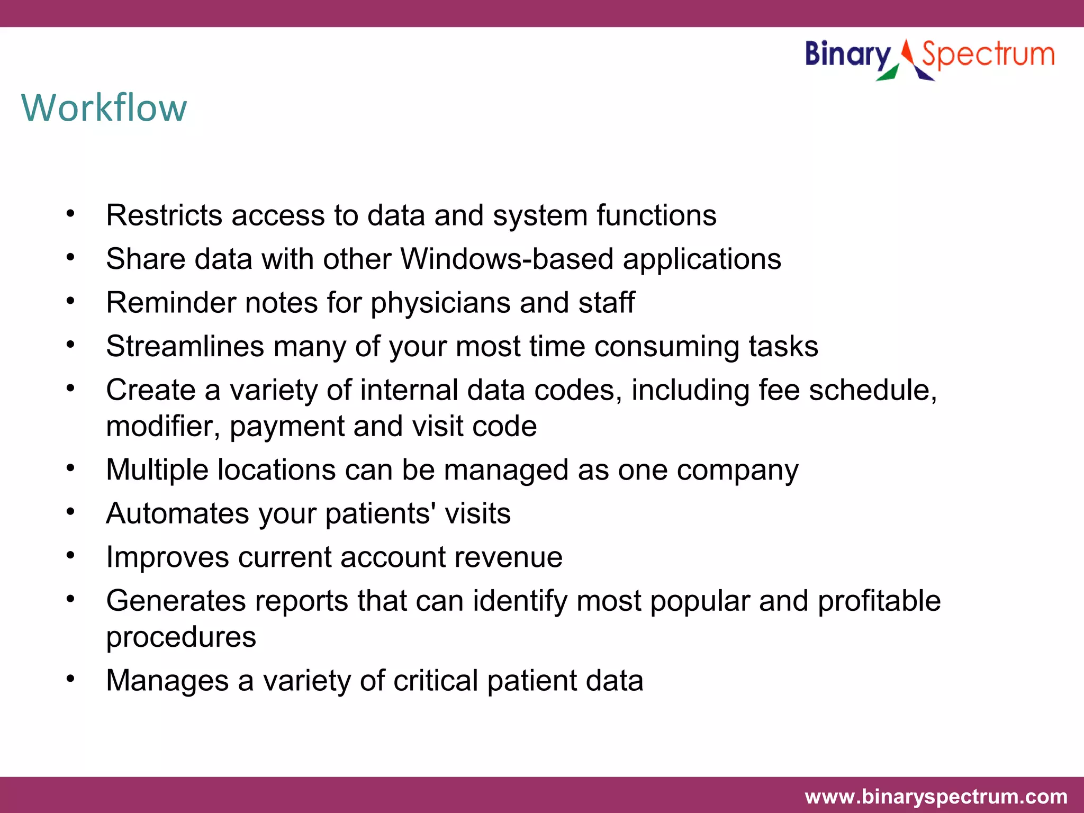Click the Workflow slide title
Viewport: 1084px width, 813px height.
[104, 108]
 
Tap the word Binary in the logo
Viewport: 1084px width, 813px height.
[848, 55]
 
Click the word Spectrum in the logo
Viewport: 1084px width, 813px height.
[988, 55]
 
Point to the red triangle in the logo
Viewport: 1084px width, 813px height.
[907, 52]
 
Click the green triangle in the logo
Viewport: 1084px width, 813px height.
[889, 74]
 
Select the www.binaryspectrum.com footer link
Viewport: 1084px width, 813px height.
[936, 796]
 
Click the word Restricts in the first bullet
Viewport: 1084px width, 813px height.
[164, 215]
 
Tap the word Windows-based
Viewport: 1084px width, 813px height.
[507, 259]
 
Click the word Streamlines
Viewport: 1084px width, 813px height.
[185, 347]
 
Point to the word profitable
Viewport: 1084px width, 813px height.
[879, 601]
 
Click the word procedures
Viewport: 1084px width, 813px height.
[181, 637]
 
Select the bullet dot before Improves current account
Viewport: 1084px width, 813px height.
[70, 555]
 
